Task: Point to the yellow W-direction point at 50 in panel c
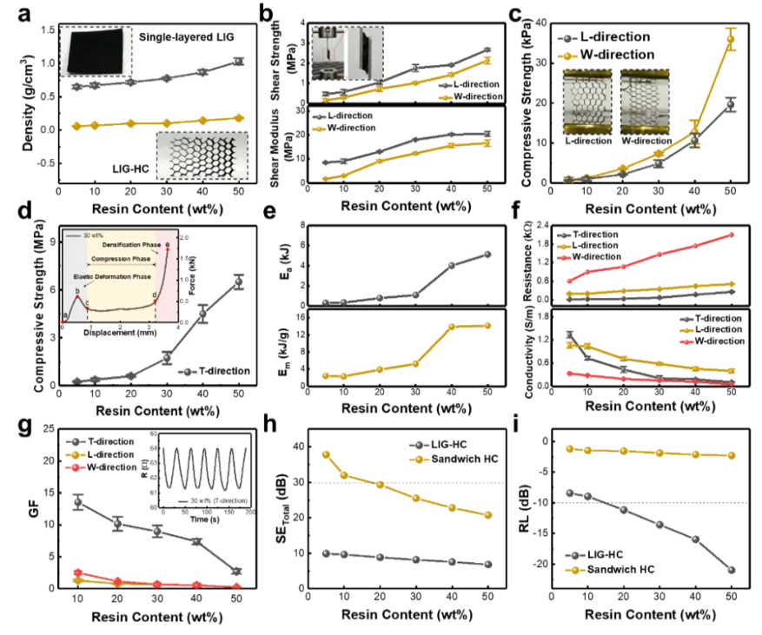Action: coord(731,39)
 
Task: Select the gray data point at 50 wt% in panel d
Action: coord(239,281)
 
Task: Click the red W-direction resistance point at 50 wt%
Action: coord(732,235)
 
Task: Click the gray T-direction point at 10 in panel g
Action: coord(78,502)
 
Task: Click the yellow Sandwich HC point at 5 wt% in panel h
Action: coord(326,454)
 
